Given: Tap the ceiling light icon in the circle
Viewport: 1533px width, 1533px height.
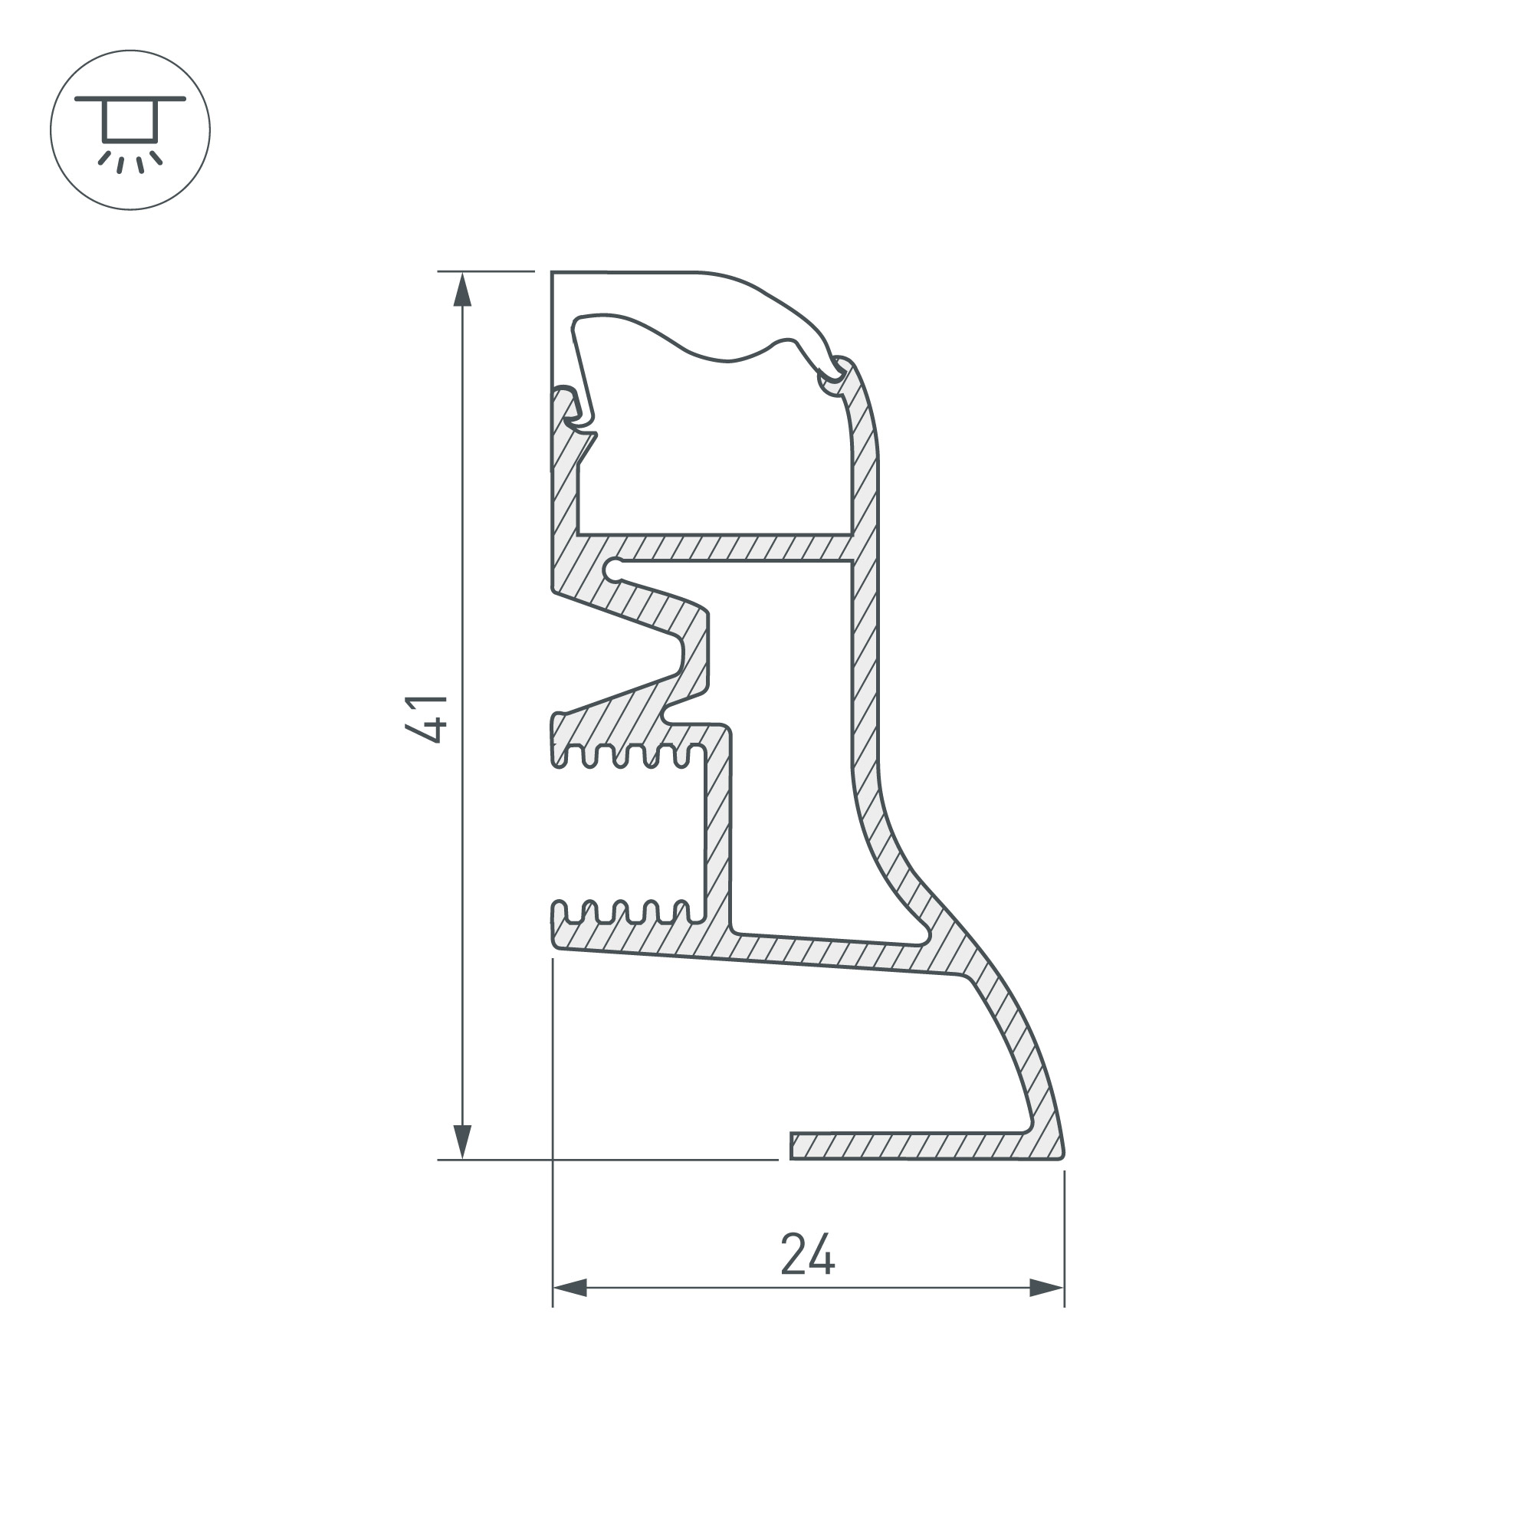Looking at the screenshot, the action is coord(130,130).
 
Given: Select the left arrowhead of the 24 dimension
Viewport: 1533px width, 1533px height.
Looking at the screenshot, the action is coord(570,1288).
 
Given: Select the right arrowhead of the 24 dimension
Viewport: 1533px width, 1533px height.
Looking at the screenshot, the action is coord(1046,1288).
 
